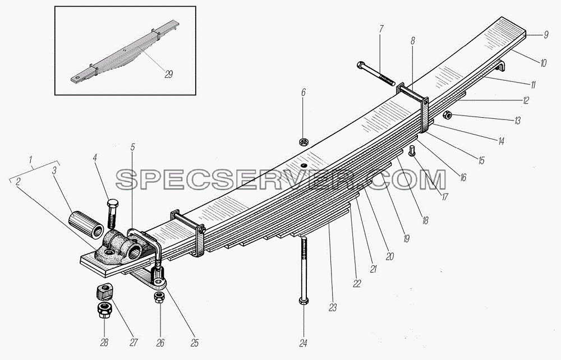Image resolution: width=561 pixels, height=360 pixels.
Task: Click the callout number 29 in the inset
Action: tap(168, 75)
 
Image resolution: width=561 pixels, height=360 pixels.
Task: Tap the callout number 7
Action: tap(381, 29)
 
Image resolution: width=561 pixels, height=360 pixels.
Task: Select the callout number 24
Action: tap(304, 344)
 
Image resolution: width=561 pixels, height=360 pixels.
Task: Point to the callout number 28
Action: tap(104, 343)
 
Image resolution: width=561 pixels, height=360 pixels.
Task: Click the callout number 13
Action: tap(517, 121)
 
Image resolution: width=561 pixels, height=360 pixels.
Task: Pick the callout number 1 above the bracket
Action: tap(31, 158)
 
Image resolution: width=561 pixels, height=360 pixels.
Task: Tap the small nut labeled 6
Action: tap(304, 141)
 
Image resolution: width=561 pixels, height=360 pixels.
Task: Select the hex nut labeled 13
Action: tap(447, 115)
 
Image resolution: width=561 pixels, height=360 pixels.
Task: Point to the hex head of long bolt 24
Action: tap(303, 301)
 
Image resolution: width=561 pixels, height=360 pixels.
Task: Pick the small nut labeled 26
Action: tap(159, 297)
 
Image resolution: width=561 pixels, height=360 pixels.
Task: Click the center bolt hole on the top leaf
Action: tap(304, 165)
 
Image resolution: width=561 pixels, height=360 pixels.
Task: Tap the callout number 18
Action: tap(425, 220)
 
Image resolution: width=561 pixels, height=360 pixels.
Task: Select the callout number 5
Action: tap(132, 147)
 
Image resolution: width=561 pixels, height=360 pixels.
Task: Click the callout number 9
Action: tap(546, 35)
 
